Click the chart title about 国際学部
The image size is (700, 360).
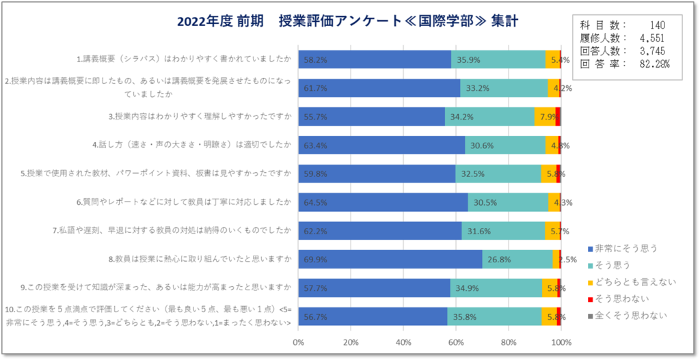click(x=347, y=21)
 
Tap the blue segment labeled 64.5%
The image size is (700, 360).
click(x=383, y=202)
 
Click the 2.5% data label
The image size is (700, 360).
click(x=567, y=260)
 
